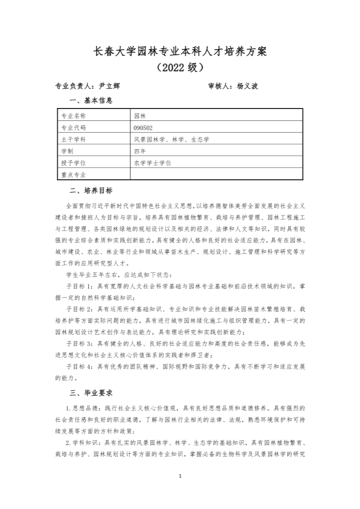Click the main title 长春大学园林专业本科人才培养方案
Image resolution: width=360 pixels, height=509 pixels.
click(x=179, y=51)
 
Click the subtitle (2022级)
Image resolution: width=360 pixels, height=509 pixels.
click(x=179, y=68)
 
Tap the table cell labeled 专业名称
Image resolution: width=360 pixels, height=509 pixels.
click(x=74, y=116)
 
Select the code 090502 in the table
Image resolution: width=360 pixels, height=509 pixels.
click(x=143, y=128)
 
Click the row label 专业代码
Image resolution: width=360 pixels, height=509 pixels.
click(x=74, y=128)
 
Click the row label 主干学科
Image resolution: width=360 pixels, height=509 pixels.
click(x=74, y=140)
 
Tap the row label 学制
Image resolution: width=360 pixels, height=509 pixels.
click(x=68, y=151)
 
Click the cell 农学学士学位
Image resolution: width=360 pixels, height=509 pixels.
click(x=152, y=163)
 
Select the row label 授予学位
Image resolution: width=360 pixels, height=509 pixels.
click(x=74, y=163)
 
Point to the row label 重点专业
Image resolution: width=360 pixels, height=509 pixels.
click(x=74, y=175)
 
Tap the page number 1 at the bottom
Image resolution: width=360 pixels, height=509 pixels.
click(x=179, y=475)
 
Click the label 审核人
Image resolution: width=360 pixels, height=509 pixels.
click(x=219, y=86)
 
